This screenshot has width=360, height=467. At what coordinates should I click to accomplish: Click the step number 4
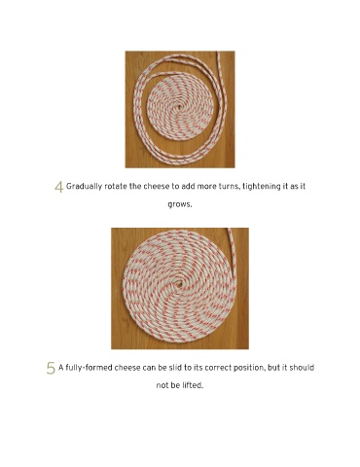58,187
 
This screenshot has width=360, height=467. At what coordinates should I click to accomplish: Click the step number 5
51,369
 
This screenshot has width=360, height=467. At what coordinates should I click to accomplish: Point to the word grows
180,205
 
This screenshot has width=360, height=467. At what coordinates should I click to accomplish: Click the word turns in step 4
227,187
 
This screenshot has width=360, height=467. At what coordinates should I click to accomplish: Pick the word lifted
193,385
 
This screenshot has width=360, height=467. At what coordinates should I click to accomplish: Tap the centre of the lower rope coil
178,285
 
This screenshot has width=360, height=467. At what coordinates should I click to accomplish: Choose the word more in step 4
205,187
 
